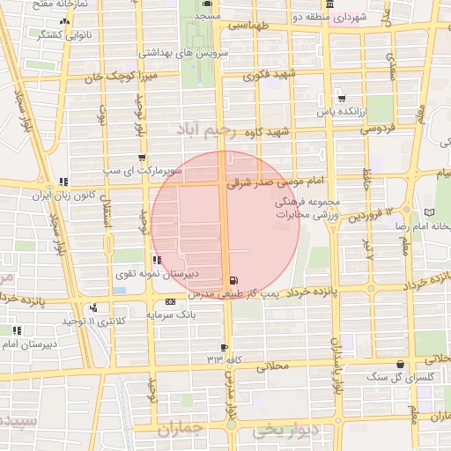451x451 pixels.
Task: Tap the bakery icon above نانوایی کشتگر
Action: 63,22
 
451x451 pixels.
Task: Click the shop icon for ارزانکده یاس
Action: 340,99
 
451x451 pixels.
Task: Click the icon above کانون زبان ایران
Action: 63,182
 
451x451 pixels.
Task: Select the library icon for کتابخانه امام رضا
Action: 429,212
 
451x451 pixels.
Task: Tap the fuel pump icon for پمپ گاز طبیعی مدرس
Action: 232,280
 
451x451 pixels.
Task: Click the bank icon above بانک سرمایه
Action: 170,302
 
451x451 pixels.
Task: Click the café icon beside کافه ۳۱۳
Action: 225,347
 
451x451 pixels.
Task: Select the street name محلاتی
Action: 272,368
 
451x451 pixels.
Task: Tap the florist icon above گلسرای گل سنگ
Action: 401,365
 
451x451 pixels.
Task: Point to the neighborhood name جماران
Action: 181,429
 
